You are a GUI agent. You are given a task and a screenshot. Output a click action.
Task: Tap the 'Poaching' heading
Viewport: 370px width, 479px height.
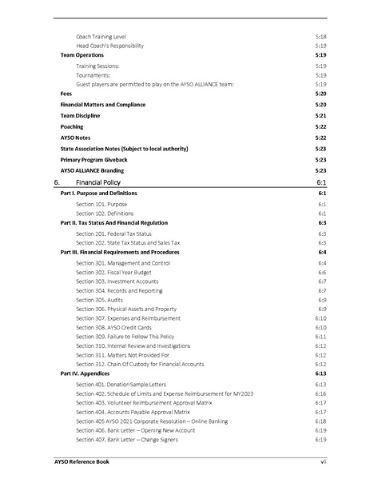pos(74,126)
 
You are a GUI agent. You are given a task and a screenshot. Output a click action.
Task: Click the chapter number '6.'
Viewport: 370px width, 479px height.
pos(57,183)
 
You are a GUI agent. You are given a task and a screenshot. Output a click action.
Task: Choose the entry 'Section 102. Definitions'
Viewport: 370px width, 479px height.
pos(105,214)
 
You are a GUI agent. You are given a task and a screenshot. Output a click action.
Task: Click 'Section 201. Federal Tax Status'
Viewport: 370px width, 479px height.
pos(113,233)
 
